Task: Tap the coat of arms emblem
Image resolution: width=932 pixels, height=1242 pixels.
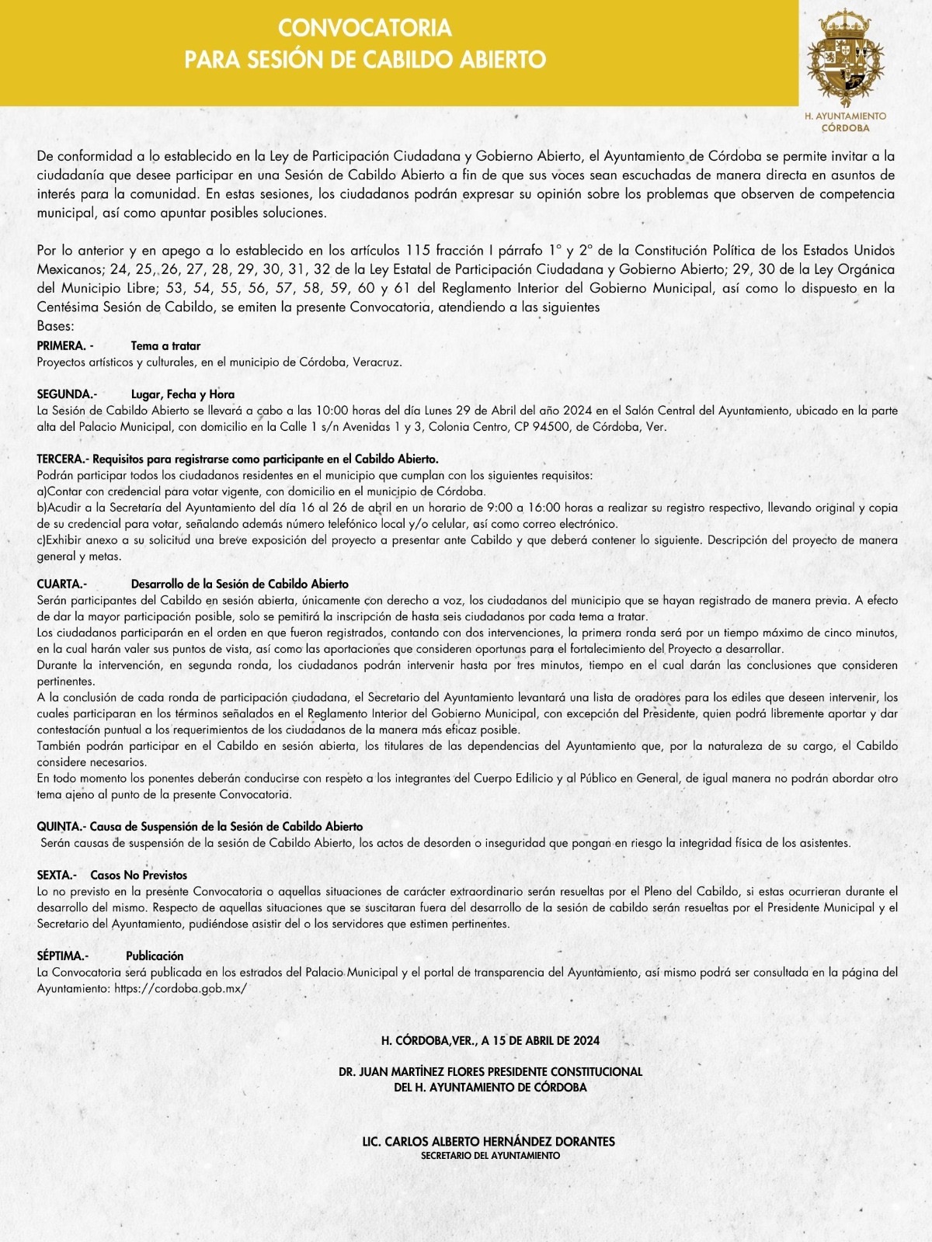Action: [x=846, y=59]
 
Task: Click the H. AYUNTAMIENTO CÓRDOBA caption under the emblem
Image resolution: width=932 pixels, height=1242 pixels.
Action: [x=846, y=121]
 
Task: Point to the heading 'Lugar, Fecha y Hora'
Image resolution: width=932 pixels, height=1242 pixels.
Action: [x=183, y=394]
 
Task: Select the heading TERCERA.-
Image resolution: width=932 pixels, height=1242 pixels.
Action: [x=63, y=459]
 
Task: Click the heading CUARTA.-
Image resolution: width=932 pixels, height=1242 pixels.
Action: [x=62, y=583]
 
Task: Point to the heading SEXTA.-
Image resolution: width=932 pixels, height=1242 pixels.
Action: [x=57, y=875]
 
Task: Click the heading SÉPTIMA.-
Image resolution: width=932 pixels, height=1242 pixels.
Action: [x=63, y=956]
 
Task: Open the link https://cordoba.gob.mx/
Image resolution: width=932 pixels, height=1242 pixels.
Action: [x=180, y=988]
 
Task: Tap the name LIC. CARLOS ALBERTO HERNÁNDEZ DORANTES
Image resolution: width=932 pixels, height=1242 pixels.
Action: [x=489, y=1141]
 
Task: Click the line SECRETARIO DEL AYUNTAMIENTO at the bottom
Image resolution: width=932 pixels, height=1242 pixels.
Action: [x=490, y=1156]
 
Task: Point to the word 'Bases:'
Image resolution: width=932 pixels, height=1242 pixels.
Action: [x=55, y=326]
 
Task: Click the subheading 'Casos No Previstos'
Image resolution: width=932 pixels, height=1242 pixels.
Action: [x=138, y=875]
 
